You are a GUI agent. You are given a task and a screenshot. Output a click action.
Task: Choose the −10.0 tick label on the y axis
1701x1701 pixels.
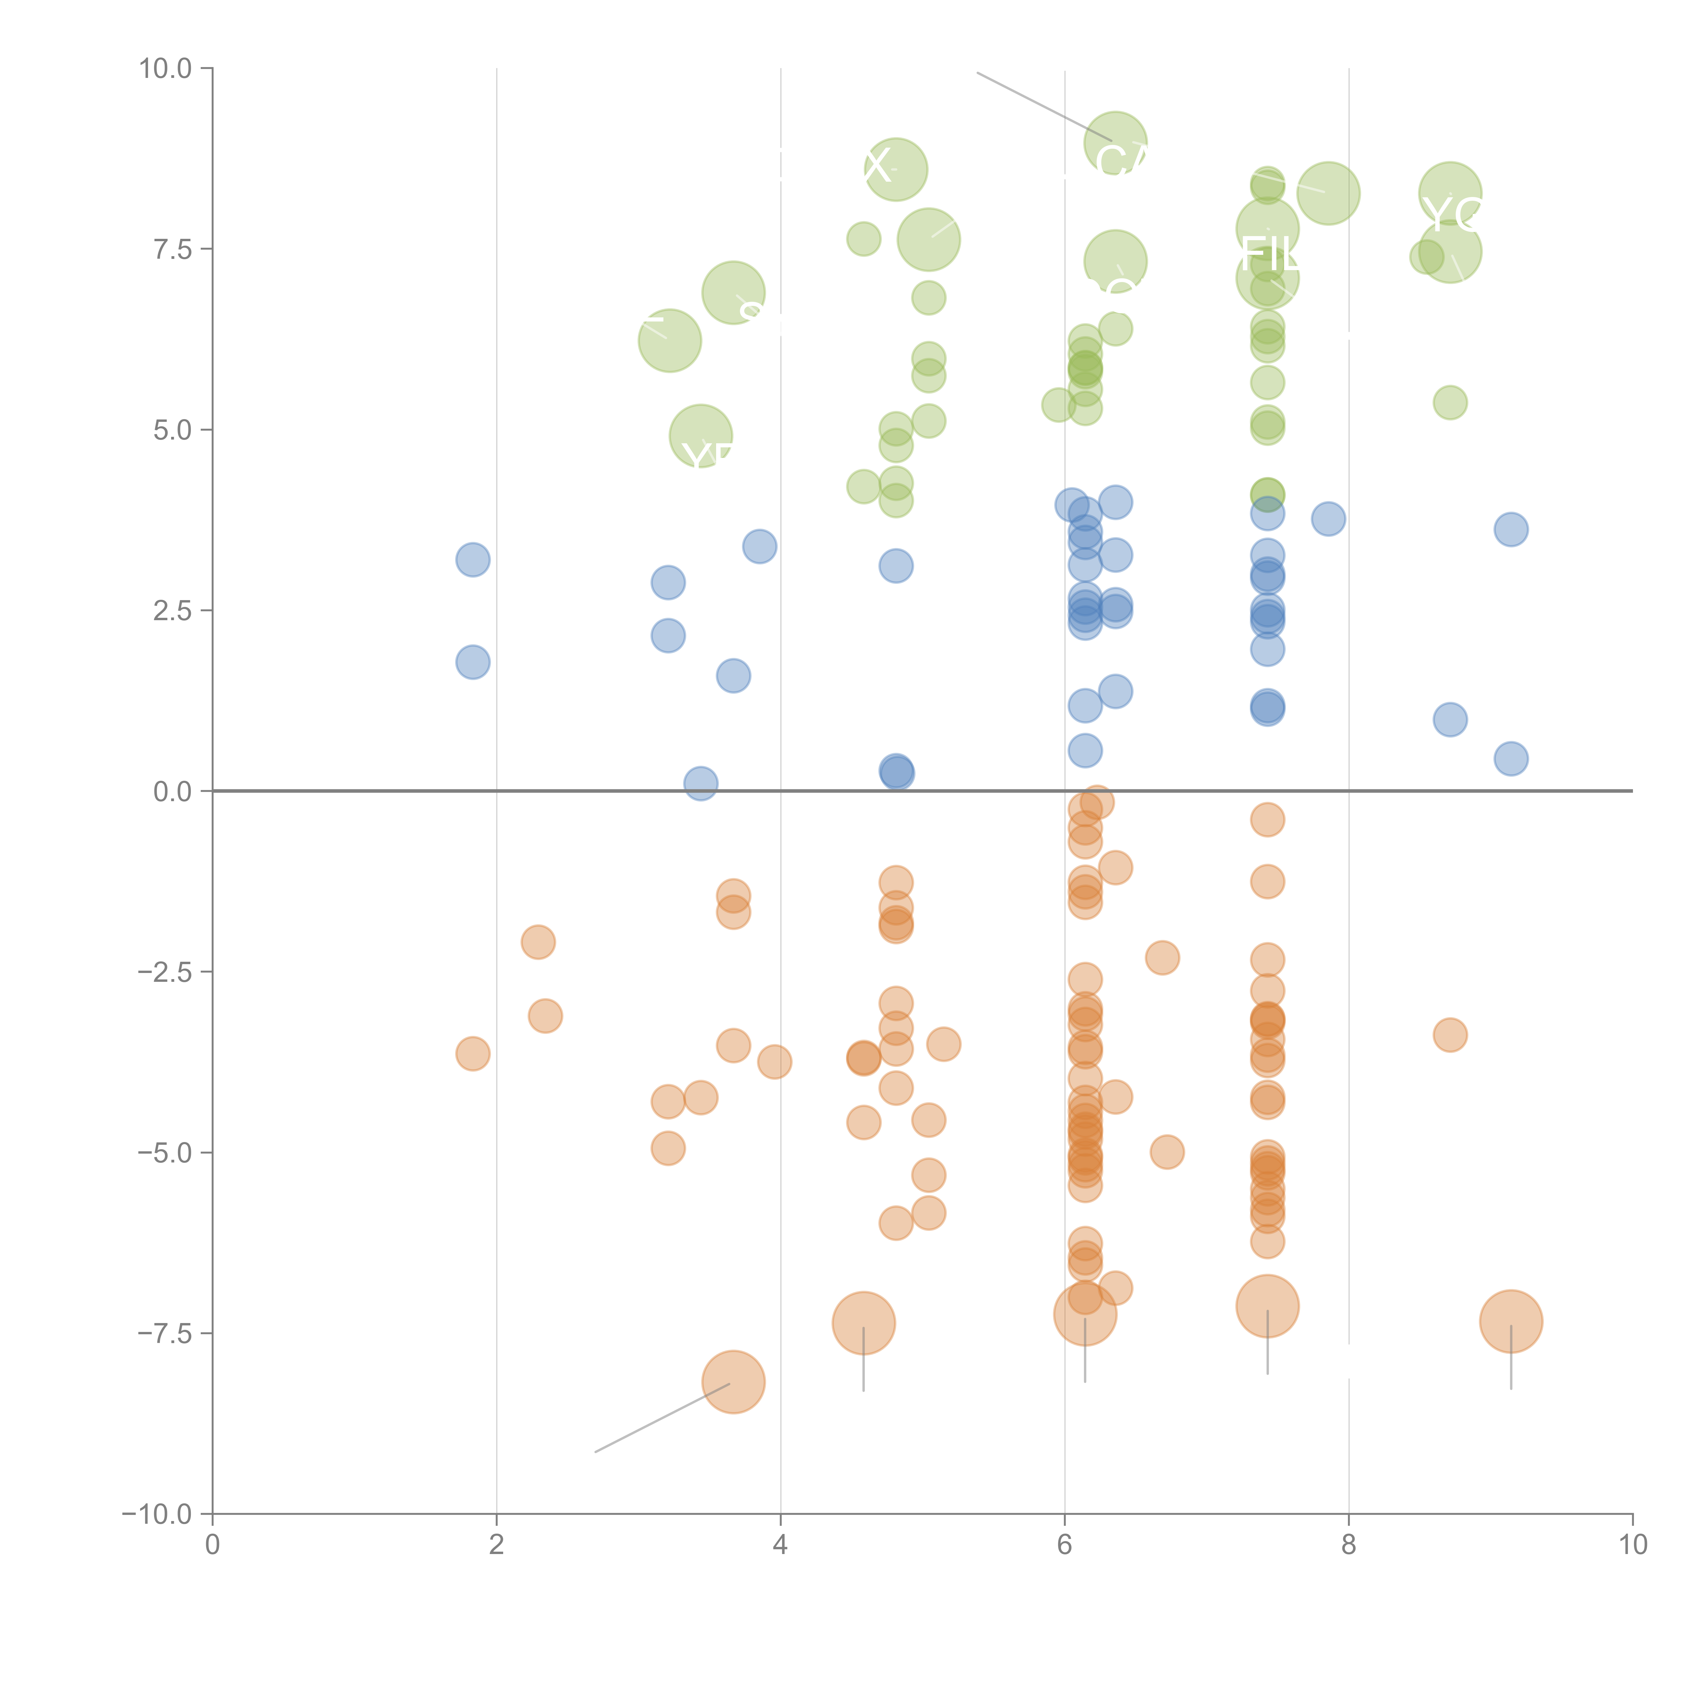tap(157, 1514)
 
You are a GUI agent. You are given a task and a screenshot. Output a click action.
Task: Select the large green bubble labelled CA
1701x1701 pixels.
tap(1116, 144)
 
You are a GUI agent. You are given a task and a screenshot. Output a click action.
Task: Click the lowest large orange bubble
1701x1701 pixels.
tap(733, 1382)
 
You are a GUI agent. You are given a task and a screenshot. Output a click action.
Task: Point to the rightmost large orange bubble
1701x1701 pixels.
tap(1511, 1321)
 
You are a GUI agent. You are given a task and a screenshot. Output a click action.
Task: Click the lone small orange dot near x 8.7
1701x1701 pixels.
tap(1450, 1035)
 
